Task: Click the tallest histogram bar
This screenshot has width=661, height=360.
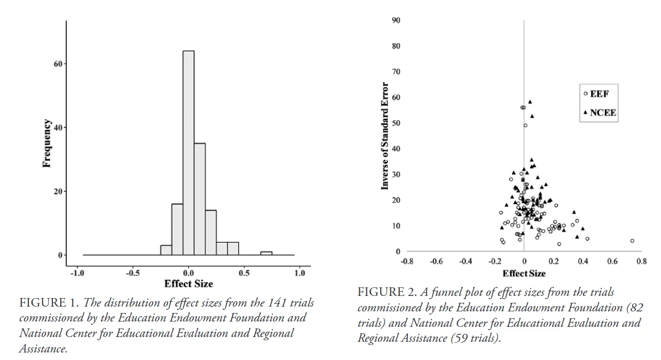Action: click(x=188, y=152)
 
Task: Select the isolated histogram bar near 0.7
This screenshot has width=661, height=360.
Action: click(x=266, y=253)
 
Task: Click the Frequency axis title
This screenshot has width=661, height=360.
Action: click(x=47, y=143)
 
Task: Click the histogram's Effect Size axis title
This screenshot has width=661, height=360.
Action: click(x=188, y=284)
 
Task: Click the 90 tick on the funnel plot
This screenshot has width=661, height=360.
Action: click(x=396, y=20)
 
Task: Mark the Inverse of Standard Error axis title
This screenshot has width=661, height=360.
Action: click(x=384, y=136)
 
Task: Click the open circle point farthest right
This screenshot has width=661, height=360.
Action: click(x=632, y=241)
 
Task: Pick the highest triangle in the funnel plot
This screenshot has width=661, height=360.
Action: click(x=530, y=101)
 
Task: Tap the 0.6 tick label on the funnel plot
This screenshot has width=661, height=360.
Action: click(x=612, y=262)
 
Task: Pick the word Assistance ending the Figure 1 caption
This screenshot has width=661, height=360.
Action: click(x=43, y=349)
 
